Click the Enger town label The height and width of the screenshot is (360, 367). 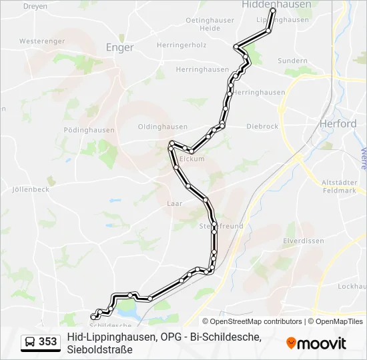tap(120, 47)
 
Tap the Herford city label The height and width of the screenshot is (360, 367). tap(338, 124)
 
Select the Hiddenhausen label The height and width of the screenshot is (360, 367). tap(276, 4)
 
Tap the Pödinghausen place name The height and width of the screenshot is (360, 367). tap(89, 130)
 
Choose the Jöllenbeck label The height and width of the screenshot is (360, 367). tap(31, 189)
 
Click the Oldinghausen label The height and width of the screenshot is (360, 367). tap(162, 127)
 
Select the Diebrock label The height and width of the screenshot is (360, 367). tap(262, 126)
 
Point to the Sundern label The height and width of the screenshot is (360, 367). tap(292, 61)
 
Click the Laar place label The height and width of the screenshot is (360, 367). tap(175, 203)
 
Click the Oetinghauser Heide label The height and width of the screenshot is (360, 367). tap(210, 25)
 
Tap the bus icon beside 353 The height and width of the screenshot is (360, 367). tap(30, 343)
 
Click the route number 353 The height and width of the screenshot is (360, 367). tap(47, 343)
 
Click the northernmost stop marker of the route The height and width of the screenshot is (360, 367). tap(272, 11)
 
